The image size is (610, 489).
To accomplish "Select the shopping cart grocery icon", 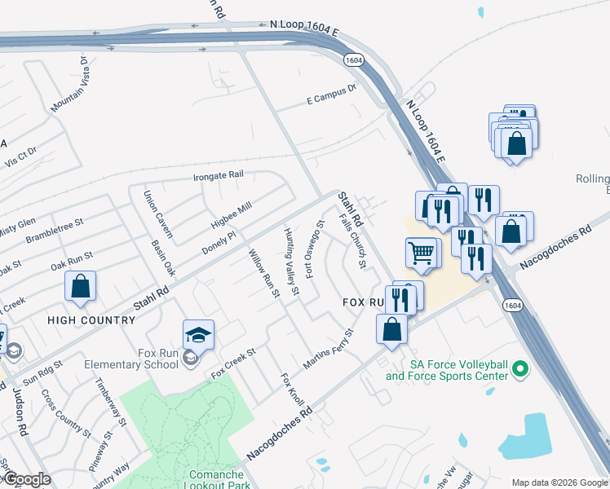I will click(422, 253).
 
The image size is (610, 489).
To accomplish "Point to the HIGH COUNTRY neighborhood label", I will click(91, 320).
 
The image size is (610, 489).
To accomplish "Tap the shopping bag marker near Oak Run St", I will click(80, 287).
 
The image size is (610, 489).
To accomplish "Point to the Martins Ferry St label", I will click(329, 350).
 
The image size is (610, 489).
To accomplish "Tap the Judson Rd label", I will click(18, 412).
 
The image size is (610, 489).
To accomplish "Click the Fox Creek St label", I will click(233, 363).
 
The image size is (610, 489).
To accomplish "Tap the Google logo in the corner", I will click(27, 479).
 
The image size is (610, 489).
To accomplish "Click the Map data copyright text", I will click(559, 482).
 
